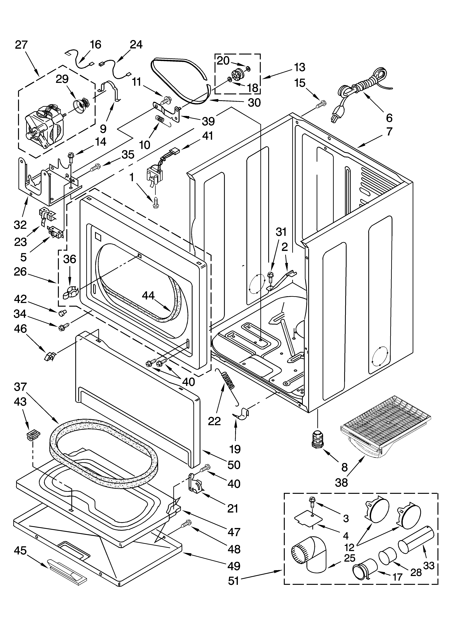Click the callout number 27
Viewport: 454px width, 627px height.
pyautogui.click(x=21, y=45)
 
